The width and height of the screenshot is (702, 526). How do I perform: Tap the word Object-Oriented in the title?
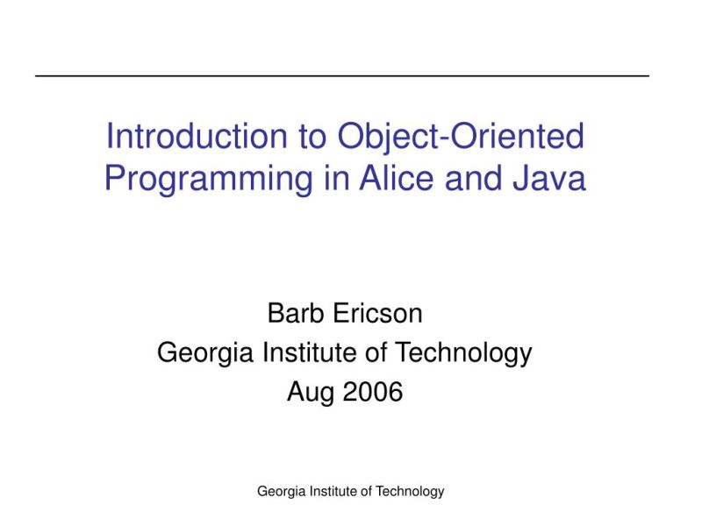tap(461, 137)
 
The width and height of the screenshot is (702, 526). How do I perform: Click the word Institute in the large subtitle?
tap(306, 352)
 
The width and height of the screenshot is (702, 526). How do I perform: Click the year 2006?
tap(373, 392)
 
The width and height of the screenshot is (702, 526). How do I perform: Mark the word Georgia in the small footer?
tap(280, 492)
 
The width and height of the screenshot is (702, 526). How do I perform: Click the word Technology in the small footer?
tap(410, 492)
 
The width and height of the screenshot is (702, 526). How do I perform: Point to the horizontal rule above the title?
tap(342, 76)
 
